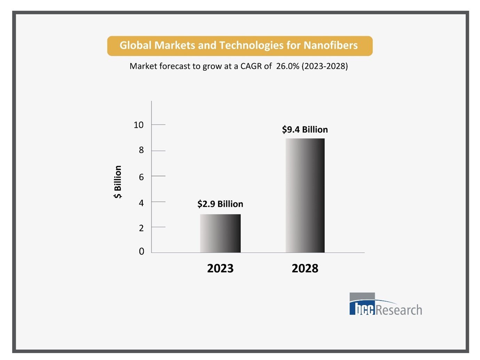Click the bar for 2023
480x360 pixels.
tap(220, 233)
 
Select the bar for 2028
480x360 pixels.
tap(305, 195)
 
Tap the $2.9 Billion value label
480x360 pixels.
tap(220, 204)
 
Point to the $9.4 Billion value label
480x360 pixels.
tap(305, 130)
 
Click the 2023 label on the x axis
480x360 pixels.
tap(220, 268)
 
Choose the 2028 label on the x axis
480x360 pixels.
tap(305, 268)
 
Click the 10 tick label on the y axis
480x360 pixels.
tap(139, 125)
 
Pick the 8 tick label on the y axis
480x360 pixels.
tap(141, 150)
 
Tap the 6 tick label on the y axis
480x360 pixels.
tap(141, 177)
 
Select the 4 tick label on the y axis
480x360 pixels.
tap(141, 203)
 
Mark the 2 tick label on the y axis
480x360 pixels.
tap(141, 228)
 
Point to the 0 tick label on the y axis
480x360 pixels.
tap(141, 251)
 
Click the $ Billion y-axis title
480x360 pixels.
tap(118, 182)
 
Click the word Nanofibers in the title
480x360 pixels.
tap(331, 46)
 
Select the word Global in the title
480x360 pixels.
tap(135, 46)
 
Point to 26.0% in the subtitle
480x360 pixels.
tap(288, 66)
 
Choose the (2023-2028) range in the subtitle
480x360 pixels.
tap(325, 66)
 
